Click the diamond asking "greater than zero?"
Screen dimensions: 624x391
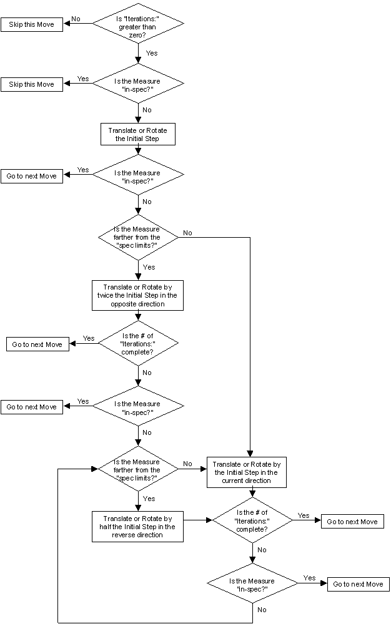(x=138, y=24)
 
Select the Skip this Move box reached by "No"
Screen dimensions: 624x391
(x=32, y=24)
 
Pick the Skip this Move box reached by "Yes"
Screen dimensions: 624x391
(x=32, y=84)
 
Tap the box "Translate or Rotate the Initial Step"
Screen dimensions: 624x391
(x=138, y=134)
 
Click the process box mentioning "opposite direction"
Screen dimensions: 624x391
(x=138, y=295)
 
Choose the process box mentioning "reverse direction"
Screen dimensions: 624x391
(x=138, y=526)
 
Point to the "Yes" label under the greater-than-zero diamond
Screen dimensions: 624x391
(x=152, y=53)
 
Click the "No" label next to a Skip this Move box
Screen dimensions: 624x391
(x=76, y=19)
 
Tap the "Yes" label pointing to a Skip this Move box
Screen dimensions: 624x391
(x=82, y=79)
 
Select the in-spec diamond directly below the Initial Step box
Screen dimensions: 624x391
(x=138, y=176)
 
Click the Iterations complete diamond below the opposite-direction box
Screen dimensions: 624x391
(x=138, y=343)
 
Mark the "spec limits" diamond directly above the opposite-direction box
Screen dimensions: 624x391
(x=138, y=237)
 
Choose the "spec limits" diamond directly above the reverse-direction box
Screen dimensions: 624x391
(x=138, y=469)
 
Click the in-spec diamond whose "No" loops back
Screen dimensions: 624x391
(x=253, y=585)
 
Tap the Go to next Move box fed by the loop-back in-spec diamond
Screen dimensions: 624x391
(x=358, y=584)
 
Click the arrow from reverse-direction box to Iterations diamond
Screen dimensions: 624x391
(x=198, y=519)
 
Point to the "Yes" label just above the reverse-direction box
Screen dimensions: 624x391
(x=149, y=499)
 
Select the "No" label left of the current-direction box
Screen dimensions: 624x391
(x=187, y=464)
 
